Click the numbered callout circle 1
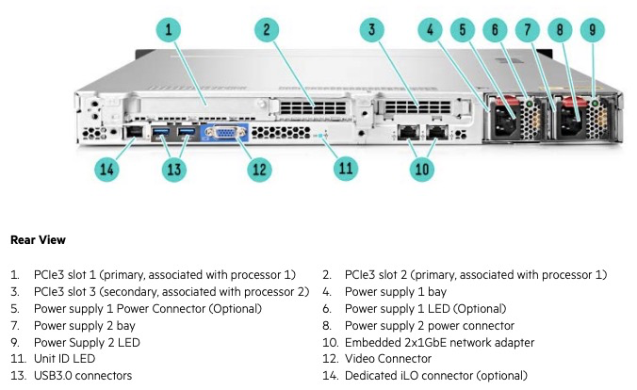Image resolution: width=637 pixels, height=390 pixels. click(x=168, y=30)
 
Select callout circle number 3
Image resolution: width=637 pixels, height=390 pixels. click(x=373, y=30)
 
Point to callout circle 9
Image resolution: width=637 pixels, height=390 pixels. click(x=593, y=30)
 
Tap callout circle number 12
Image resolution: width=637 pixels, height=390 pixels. click(x=258, y=170)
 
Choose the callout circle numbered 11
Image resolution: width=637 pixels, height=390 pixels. click(x=347, y=170)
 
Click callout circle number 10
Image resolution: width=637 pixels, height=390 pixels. click(x=423, y=170)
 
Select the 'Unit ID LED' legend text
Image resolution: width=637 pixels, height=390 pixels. click(x=64, y=359)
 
